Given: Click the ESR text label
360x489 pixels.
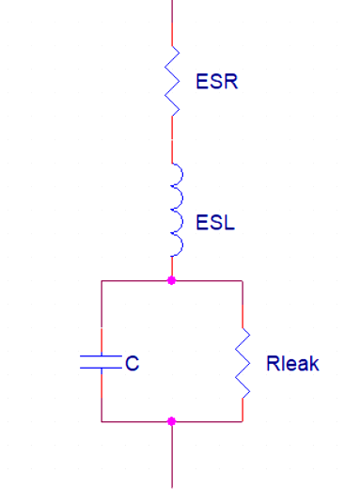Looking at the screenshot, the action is [x=217, y=82].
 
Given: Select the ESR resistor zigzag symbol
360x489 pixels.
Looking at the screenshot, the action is [x=172, y=81].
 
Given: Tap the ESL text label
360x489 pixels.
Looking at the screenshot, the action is [x=215, y=223].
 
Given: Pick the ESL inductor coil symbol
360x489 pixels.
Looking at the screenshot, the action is [x=178, y=210].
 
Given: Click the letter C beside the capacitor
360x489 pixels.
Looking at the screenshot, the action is [x=132, y=364].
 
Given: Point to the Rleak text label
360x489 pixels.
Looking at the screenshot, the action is [x=292, y=364].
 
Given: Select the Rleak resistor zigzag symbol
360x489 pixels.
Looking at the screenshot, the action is [x=243, y=363].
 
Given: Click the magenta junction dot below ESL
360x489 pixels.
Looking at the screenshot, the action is [x=171, y=280].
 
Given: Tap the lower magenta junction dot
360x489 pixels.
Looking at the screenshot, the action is [x=171, y=421].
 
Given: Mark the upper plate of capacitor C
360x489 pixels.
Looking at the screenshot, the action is [x=101, y=356].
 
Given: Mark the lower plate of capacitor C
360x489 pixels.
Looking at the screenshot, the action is [x=101, y=368].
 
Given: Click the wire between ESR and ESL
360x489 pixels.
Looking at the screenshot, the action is [x=172, y=139].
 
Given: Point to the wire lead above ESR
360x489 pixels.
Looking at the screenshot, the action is [x=172, y=23].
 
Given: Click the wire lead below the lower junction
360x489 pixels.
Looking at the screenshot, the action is [x=172, y=455].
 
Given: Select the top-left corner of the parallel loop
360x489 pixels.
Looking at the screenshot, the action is [x=102, y=280].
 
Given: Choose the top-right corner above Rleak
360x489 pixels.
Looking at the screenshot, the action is [x=243, y=280].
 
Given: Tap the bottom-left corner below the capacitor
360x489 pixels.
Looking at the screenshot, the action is [x=102, y=421].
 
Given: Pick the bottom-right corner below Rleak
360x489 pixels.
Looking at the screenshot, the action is [x=243, y=421].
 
